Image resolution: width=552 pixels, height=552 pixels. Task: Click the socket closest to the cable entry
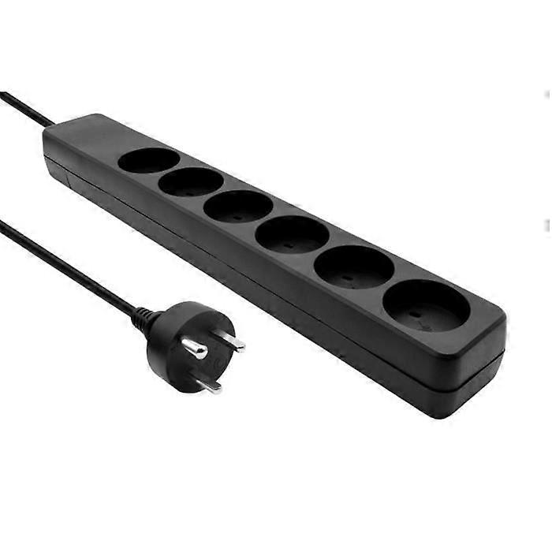pyautogui.click(x=149, y=160)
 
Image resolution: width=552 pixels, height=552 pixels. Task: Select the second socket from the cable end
pyautogui.click(x=191, y=182)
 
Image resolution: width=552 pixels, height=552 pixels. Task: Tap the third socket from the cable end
pyautogui.click(x=237, y=206)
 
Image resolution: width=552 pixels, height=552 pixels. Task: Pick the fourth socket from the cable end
pyautogui.click(x=292, y=233)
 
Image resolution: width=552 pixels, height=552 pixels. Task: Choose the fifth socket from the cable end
pyautogui.click(x=354, y=267)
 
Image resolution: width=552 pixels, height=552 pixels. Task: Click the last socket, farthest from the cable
pyautogui.click(x=426, y=305)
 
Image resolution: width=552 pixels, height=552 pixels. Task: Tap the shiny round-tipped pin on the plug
pyautogui.click(x=193, y=349)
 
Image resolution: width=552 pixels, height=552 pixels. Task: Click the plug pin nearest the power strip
pyautogui.click(x=230, y=341)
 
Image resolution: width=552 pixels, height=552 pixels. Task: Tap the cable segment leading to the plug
pyautogui.click(x=71, y=268)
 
